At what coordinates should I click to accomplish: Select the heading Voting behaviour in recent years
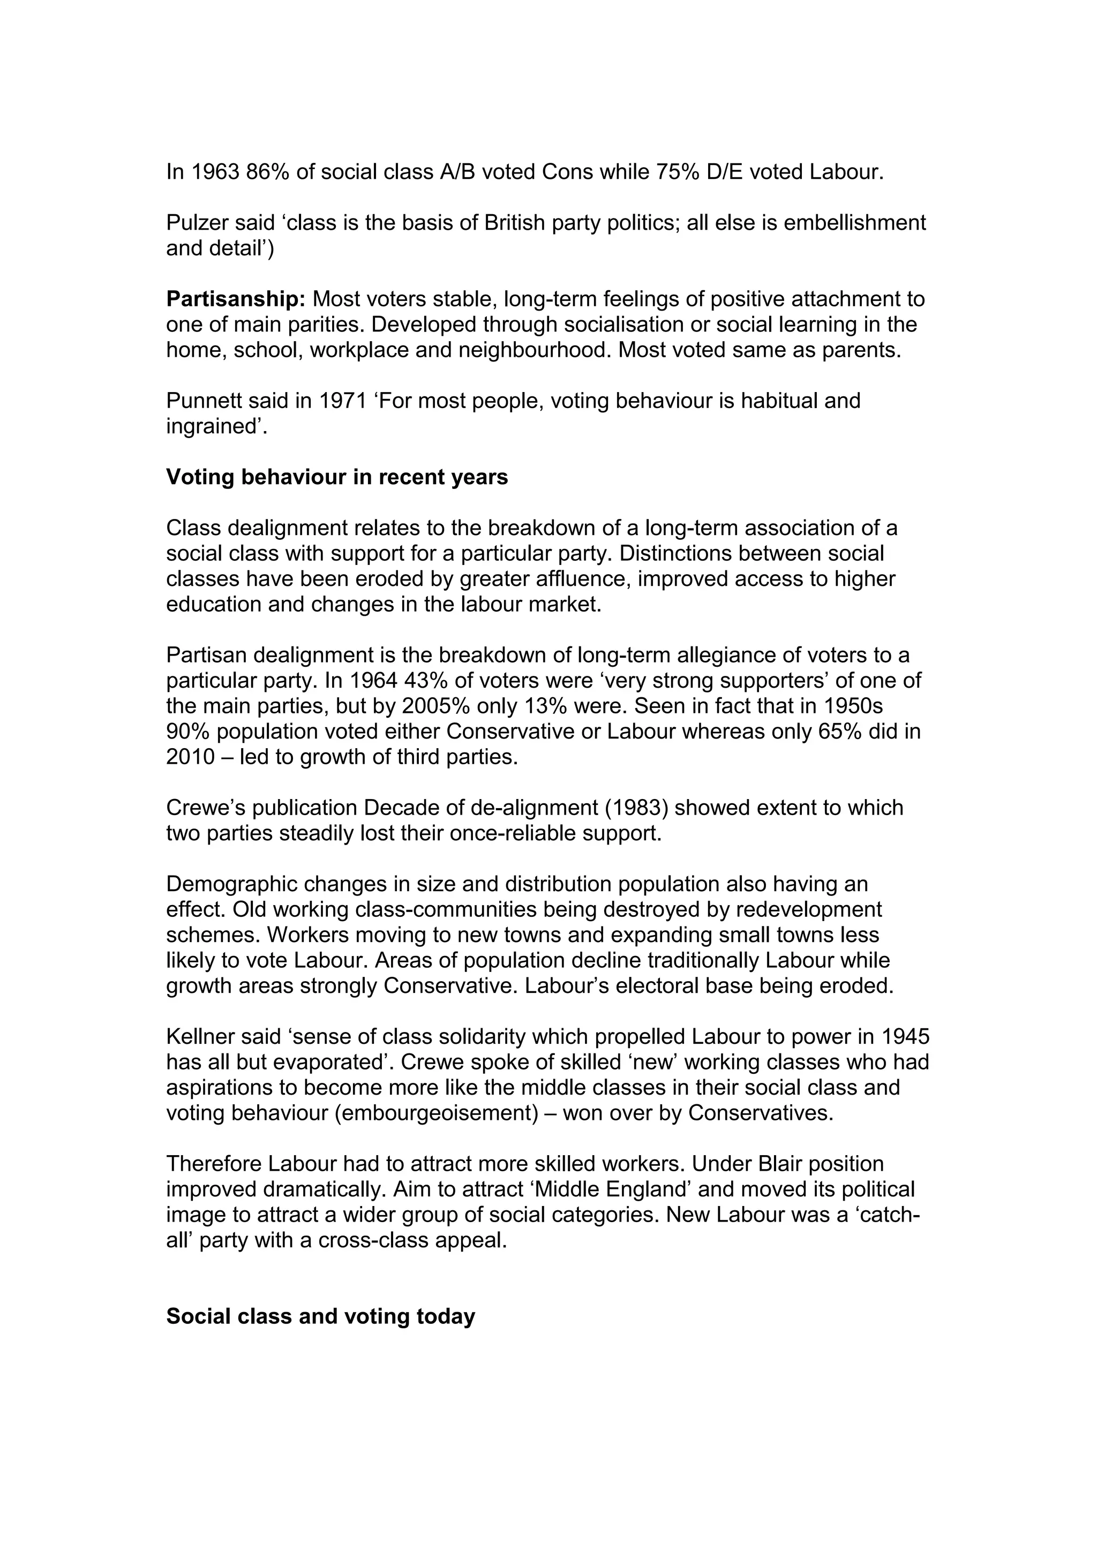pos(336,477)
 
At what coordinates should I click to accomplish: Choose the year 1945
pos(905,1037)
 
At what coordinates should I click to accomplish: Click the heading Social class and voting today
pos(320,1317)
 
